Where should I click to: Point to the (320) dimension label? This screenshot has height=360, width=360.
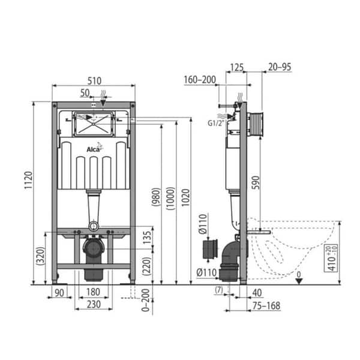pyautogui.click(x=40, y=259)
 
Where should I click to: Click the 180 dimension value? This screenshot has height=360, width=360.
pyautogui.click(x=92, y=292)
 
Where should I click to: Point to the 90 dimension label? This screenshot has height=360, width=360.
pyautogui.click(x=59, y=292)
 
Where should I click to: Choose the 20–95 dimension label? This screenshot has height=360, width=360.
pyautogui.click(x=280, y=67)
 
